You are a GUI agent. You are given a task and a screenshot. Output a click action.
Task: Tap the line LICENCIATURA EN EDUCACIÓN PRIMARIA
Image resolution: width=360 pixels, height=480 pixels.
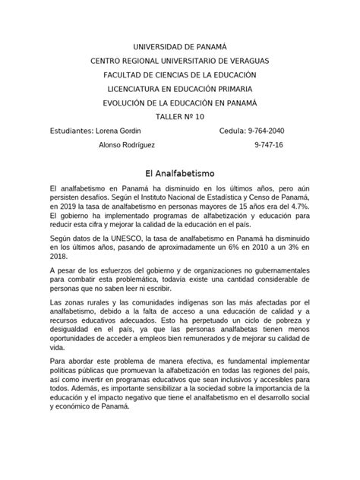179,88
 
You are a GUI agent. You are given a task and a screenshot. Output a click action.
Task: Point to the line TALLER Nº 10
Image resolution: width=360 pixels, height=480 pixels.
179,116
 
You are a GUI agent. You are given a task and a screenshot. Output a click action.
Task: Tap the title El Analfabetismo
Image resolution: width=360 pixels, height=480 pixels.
179,172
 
